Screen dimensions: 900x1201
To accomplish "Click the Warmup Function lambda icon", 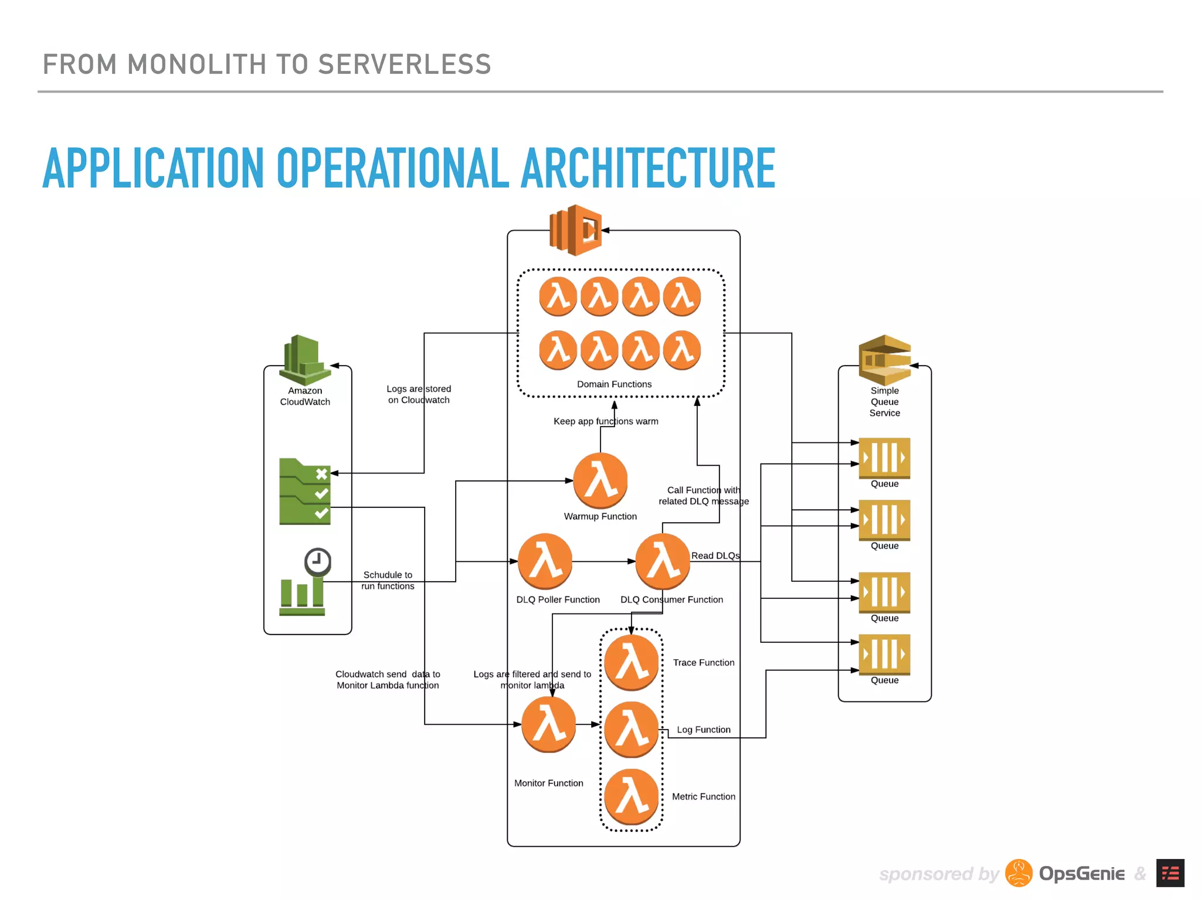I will (x=600, y=480).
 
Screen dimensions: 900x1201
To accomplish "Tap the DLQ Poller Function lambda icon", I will (x=545, y=561).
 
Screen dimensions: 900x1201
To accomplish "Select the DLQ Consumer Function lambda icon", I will (x=663, y=561).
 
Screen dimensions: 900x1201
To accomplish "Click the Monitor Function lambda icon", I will (x=548, y=724).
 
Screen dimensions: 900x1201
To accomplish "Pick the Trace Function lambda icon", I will (x=632, y=662).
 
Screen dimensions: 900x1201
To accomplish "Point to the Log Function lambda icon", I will (x=632, y=729).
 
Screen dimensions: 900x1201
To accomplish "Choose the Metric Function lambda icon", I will (x=632, y=796).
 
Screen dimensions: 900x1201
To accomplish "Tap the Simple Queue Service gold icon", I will (x=884, y=359).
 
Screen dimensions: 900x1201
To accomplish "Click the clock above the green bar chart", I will (x=318, y=562).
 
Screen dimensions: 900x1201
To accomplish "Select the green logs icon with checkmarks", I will (x=305, y=491).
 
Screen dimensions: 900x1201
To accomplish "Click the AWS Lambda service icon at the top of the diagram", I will (x=575, y=230).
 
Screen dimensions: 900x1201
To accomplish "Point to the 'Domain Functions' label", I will (x=614, y=384).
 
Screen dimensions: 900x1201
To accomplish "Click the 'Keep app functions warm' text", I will (x=606, y=421).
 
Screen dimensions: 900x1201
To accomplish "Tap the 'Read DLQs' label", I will (x=715, y=555).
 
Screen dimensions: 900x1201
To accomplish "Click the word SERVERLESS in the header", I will (x=404, y=64).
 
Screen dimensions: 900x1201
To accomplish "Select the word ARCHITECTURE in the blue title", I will (x=648, y=169).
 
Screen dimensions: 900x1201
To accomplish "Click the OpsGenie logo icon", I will (x=1019, y=873).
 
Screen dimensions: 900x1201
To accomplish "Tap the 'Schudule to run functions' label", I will (x=388, y=580).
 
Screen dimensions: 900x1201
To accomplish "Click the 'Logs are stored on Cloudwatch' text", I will (x=419, y=394).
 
